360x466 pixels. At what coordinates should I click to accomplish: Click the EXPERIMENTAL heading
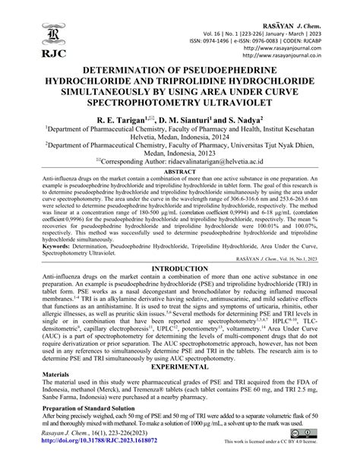tap(180, 386)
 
